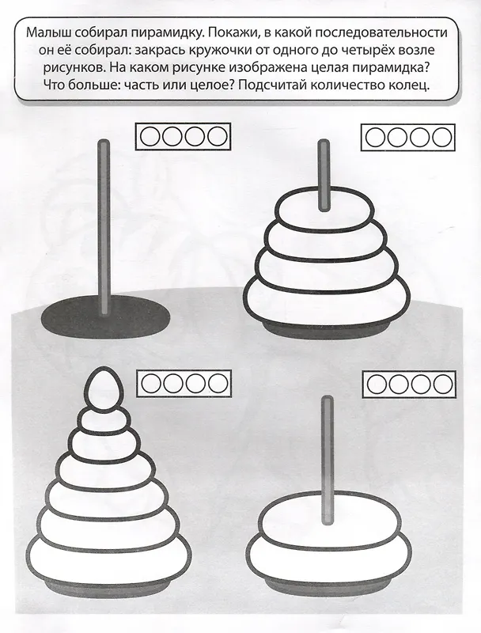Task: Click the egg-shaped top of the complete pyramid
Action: coord(104,389)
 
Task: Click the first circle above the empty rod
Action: coord(150,136)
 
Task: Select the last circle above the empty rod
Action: coord(218,136)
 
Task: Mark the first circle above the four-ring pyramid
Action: coord(376,137)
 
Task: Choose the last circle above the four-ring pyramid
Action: coord(442,137)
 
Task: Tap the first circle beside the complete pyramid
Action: coord(151,383)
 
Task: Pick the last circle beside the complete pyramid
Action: coord(218,383)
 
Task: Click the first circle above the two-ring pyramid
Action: coord(377,384)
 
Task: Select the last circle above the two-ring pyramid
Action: coord(443,384)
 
